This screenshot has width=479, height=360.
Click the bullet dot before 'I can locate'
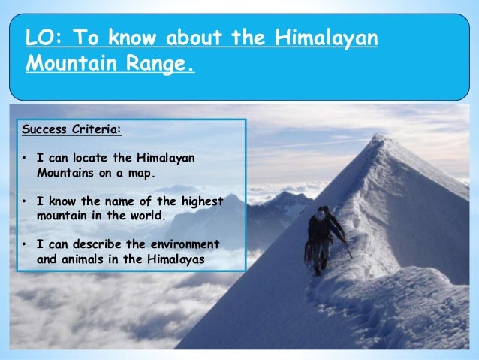pos(25,158)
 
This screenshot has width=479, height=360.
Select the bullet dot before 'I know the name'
pos(25,201)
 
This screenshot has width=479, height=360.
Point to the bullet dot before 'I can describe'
pos(25,244)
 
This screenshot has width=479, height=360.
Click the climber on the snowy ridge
pos(323,237)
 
